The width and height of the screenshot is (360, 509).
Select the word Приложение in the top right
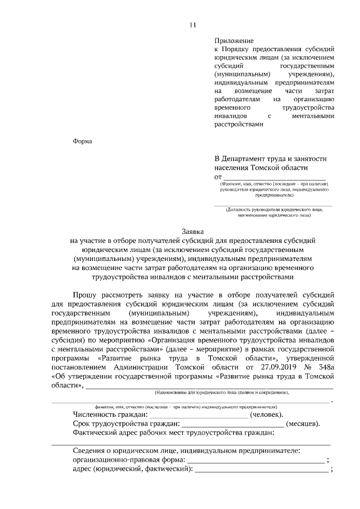pos(234,41)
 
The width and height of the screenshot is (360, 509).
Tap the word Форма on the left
pos(83,141)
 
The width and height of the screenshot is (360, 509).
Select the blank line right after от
pos(276,178)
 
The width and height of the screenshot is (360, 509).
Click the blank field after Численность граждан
pos(197,415)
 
